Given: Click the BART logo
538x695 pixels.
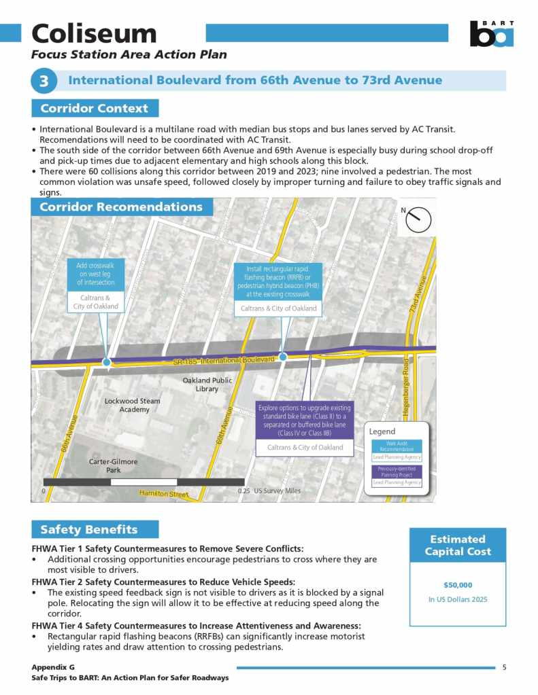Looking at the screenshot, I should pos(491,33).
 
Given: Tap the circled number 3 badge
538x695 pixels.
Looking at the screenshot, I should pos(44,81).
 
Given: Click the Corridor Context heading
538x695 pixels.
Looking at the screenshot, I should pos(95,108).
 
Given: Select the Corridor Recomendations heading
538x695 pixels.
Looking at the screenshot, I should pos(121,207).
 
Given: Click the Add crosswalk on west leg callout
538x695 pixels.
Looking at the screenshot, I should pos(96,274).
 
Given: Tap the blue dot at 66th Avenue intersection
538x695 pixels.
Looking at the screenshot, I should pos(106,362).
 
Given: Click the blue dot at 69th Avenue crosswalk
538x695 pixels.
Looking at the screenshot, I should pos(283,357).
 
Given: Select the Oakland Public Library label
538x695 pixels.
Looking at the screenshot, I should pos(207,385).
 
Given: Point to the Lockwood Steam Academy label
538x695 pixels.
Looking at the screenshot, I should pos(132,405).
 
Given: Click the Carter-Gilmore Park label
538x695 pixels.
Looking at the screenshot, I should pos(114,465).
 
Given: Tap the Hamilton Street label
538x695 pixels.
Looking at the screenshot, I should pos(164,493).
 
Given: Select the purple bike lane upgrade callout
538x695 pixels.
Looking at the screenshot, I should pos(304,421).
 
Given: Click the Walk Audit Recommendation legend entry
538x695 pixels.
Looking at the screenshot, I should pos(397,446).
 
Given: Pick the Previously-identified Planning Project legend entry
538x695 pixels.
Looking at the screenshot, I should pos(397,471).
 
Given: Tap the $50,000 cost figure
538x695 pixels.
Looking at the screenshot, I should pos(457,584).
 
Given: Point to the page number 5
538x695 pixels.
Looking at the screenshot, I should pos(504,667).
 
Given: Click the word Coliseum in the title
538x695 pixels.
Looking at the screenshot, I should pos(94,33).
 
